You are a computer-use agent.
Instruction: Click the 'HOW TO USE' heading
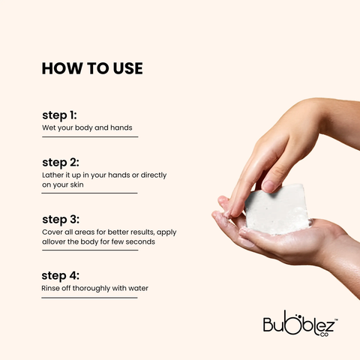coord(92,68)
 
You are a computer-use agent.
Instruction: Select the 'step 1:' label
coord(59,115)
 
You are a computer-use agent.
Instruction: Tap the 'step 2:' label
coord(61,163)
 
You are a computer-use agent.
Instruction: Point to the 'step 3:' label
coord(61,220)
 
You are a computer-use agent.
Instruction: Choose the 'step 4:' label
coord(61,276)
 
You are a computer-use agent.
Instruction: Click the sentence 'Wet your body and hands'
coord(87,128)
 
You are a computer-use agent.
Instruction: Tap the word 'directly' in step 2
coord(154,175)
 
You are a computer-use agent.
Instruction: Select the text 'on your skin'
coord(63,185)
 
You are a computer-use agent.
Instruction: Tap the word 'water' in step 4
coord(138,288)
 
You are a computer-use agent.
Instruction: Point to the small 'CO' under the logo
coord(324,334)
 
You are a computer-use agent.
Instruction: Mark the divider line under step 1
coord(90,137)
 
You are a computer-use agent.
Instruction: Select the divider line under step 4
coord(89,298)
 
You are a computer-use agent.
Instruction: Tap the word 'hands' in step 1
coord(121,127)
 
